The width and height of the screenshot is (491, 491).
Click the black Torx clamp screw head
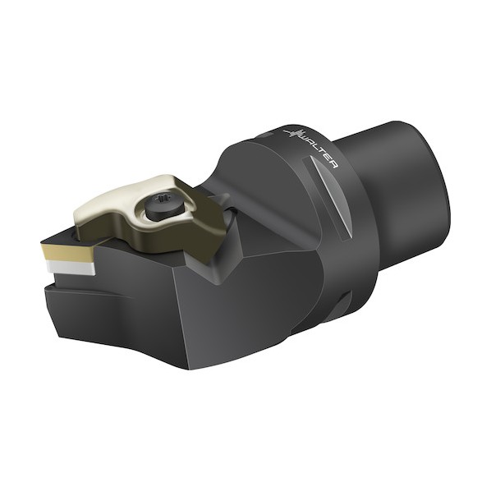point(164,204)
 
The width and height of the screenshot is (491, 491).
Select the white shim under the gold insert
point(71,268)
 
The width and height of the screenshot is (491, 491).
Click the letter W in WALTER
point(306,138)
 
